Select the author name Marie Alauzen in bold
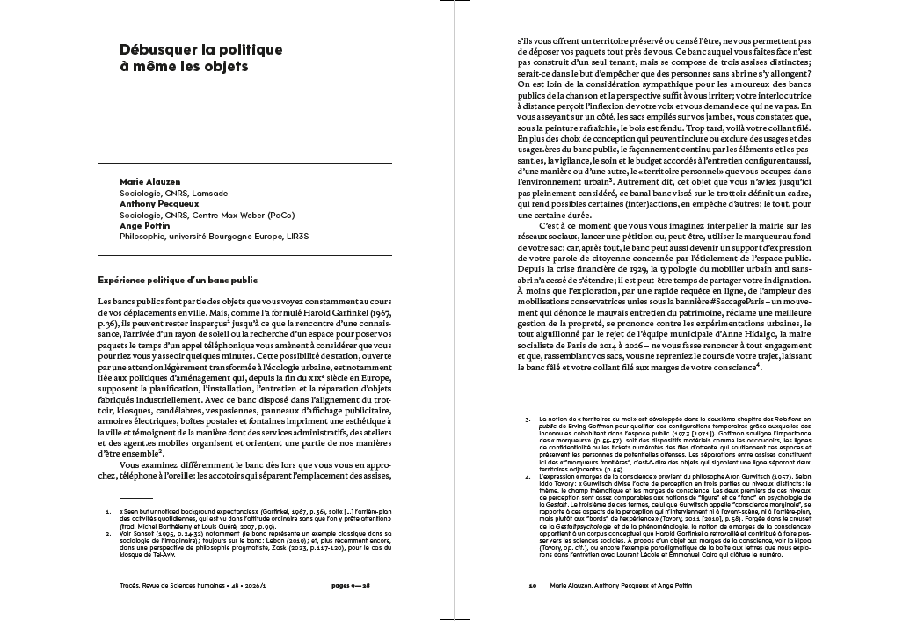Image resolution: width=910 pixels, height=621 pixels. pos(144,180)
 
